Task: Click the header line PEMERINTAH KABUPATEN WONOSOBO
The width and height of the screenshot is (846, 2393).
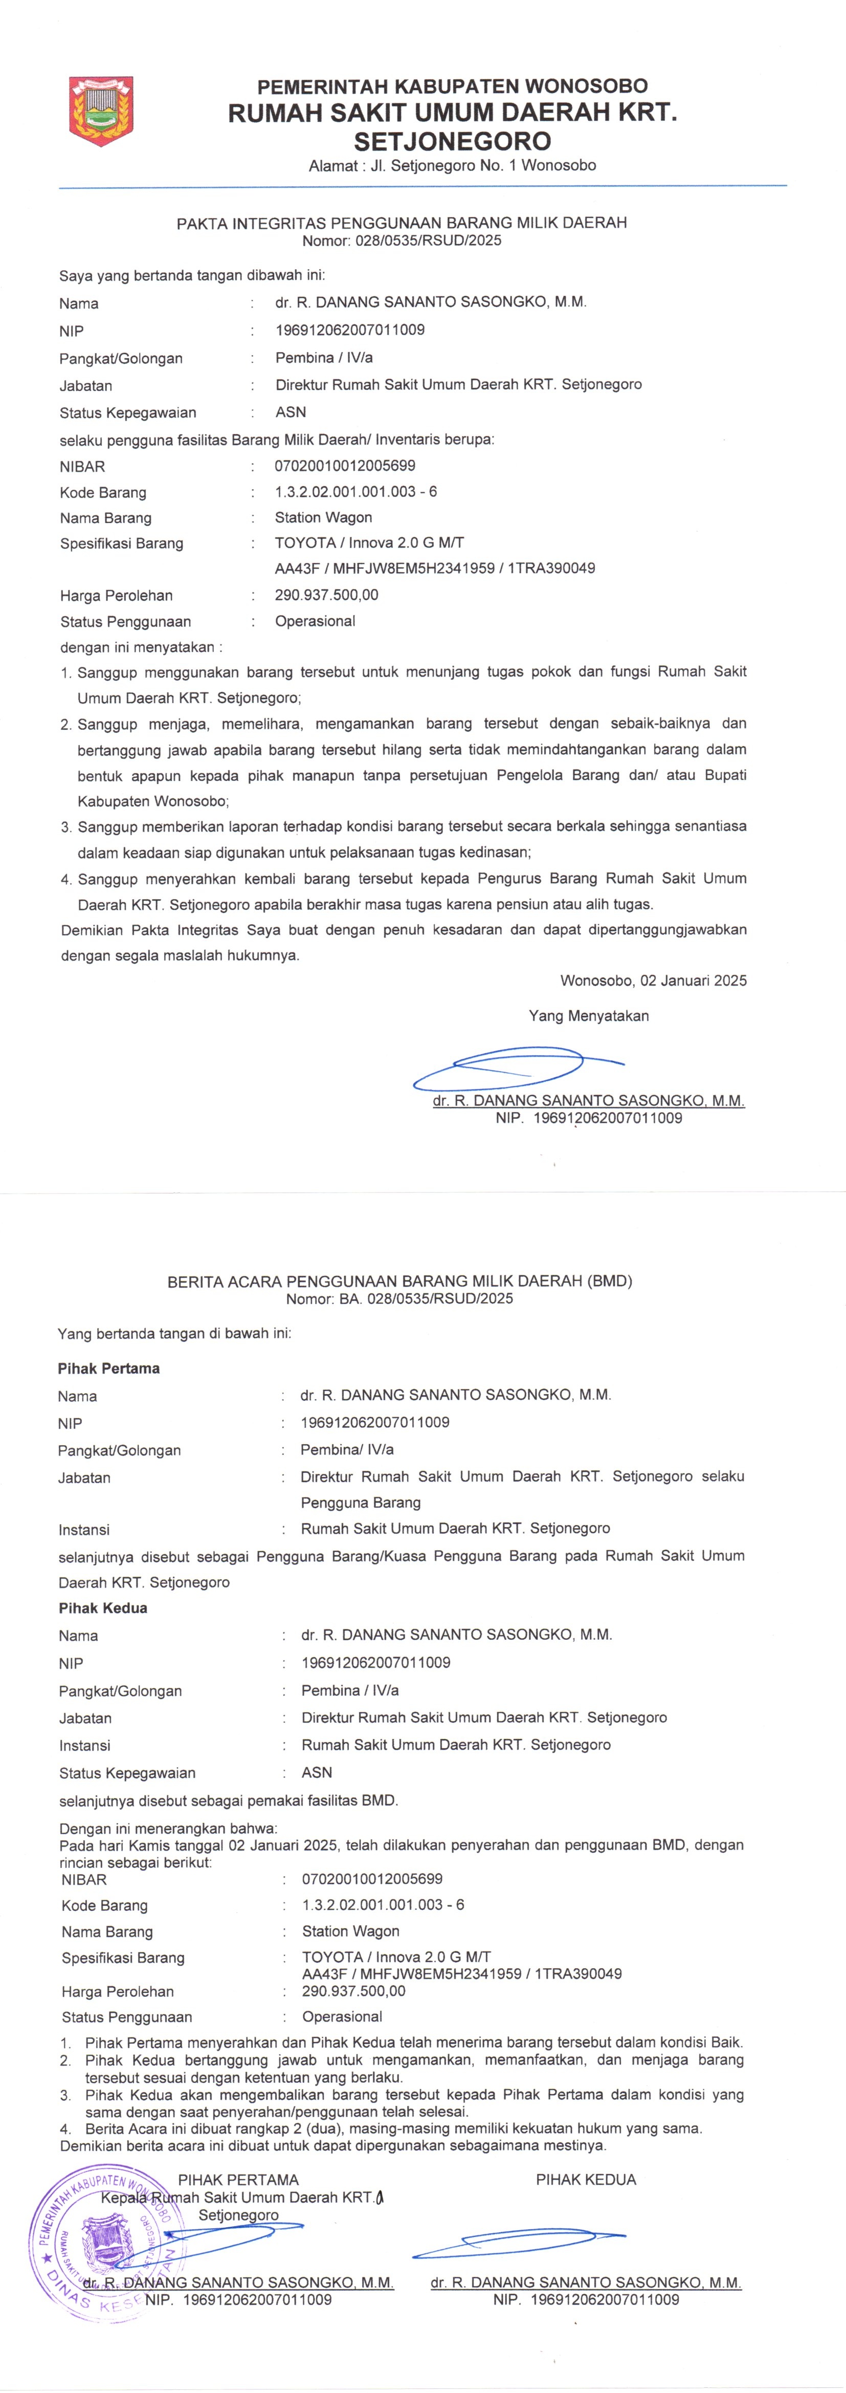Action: [x=452, y=86]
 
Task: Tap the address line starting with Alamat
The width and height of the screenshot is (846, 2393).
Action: [x=452, y=165]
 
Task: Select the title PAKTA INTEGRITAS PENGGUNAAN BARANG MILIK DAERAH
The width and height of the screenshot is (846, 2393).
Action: [x=401, y=223]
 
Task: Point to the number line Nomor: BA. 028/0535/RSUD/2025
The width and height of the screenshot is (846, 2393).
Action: [x=399, y=1299]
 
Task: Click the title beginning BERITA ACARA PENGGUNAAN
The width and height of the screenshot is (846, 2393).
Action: [x=399, y=1281]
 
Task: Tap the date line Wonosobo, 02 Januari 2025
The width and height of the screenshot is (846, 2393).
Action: [x=653, y=981]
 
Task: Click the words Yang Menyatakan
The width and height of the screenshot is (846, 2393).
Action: [x=589, y=1016]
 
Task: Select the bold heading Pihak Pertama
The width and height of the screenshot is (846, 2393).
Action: [x=108, y=1368]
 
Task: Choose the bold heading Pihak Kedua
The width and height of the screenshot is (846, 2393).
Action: [x=103, y=1608]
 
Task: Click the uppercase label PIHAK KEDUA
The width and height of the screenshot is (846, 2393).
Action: [x=586, y=2179]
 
